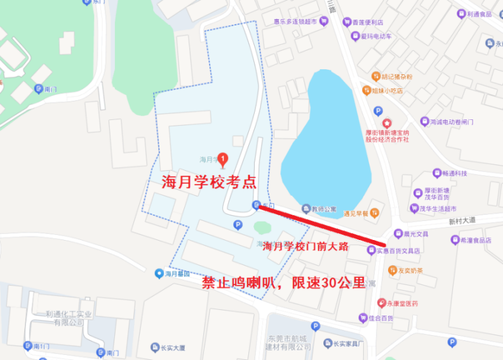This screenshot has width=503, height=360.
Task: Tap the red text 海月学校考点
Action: (209, 183)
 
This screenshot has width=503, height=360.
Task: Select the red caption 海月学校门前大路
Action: (305, 246)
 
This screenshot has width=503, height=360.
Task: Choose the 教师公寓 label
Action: (323, 208)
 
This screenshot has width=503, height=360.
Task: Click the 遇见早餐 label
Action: (356, 213)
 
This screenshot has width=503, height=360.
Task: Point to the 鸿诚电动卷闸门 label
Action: (452, 121)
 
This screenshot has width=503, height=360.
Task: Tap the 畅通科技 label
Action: (455, 173)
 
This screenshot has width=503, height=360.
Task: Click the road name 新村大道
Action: (462, 221)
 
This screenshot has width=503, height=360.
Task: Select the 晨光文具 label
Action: (415, 234)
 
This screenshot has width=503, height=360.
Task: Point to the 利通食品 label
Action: (478, 14)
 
